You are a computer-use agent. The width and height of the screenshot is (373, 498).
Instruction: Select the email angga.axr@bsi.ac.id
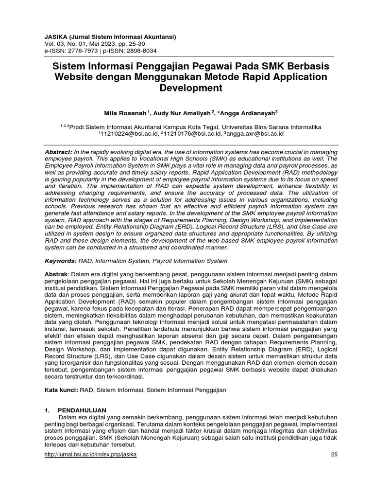(x=256, y=133)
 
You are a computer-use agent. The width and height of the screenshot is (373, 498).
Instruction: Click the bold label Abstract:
(x=57, y=152)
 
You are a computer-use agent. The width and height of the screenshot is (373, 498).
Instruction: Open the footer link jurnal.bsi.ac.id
(x=90, y=454)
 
